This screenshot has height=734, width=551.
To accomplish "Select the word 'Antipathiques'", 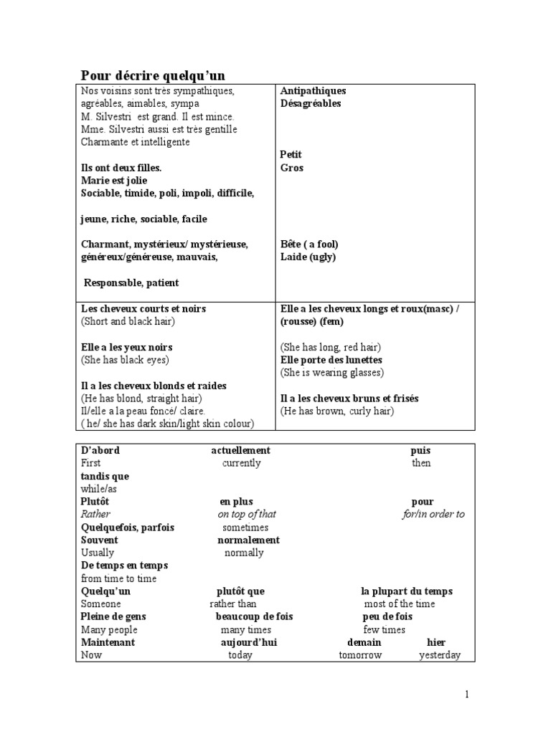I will pos(313,91).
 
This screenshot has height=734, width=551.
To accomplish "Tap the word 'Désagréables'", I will pos(310,104).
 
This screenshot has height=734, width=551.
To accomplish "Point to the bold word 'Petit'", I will pos(291,155).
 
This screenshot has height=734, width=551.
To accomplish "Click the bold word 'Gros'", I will pos(291,168).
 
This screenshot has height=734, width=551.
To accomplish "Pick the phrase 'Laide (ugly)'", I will pos(308,257).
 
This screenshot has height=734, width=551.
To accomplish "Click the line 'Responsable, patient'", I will pos(131,282).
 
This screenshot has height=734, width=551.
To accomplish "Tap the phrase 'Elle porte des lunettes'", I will pos(331,360).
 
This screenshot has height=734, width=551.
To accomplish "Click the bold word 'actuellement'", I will pos(240,450).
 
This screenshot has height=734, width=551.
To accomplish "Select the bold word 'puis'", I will pos(420,450).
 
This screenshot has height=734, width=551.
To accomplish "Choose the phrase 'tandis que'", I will pos(105,476).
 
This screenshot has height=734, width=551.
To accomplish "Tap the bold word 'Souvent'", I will pos(100,540).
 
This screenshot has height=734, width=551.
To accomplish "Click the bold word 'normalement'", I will pos(248,540).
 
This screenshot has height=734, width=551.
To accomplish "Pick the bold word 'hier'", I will pos(436,642).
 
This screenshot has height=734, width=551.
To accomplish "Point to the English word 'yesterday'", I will pos(440,655).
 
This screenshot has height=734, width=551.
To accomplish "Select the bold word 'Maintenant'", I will pos(108,642).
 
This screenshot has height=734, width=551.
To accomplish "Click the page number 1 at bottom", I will pos(466,694).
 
